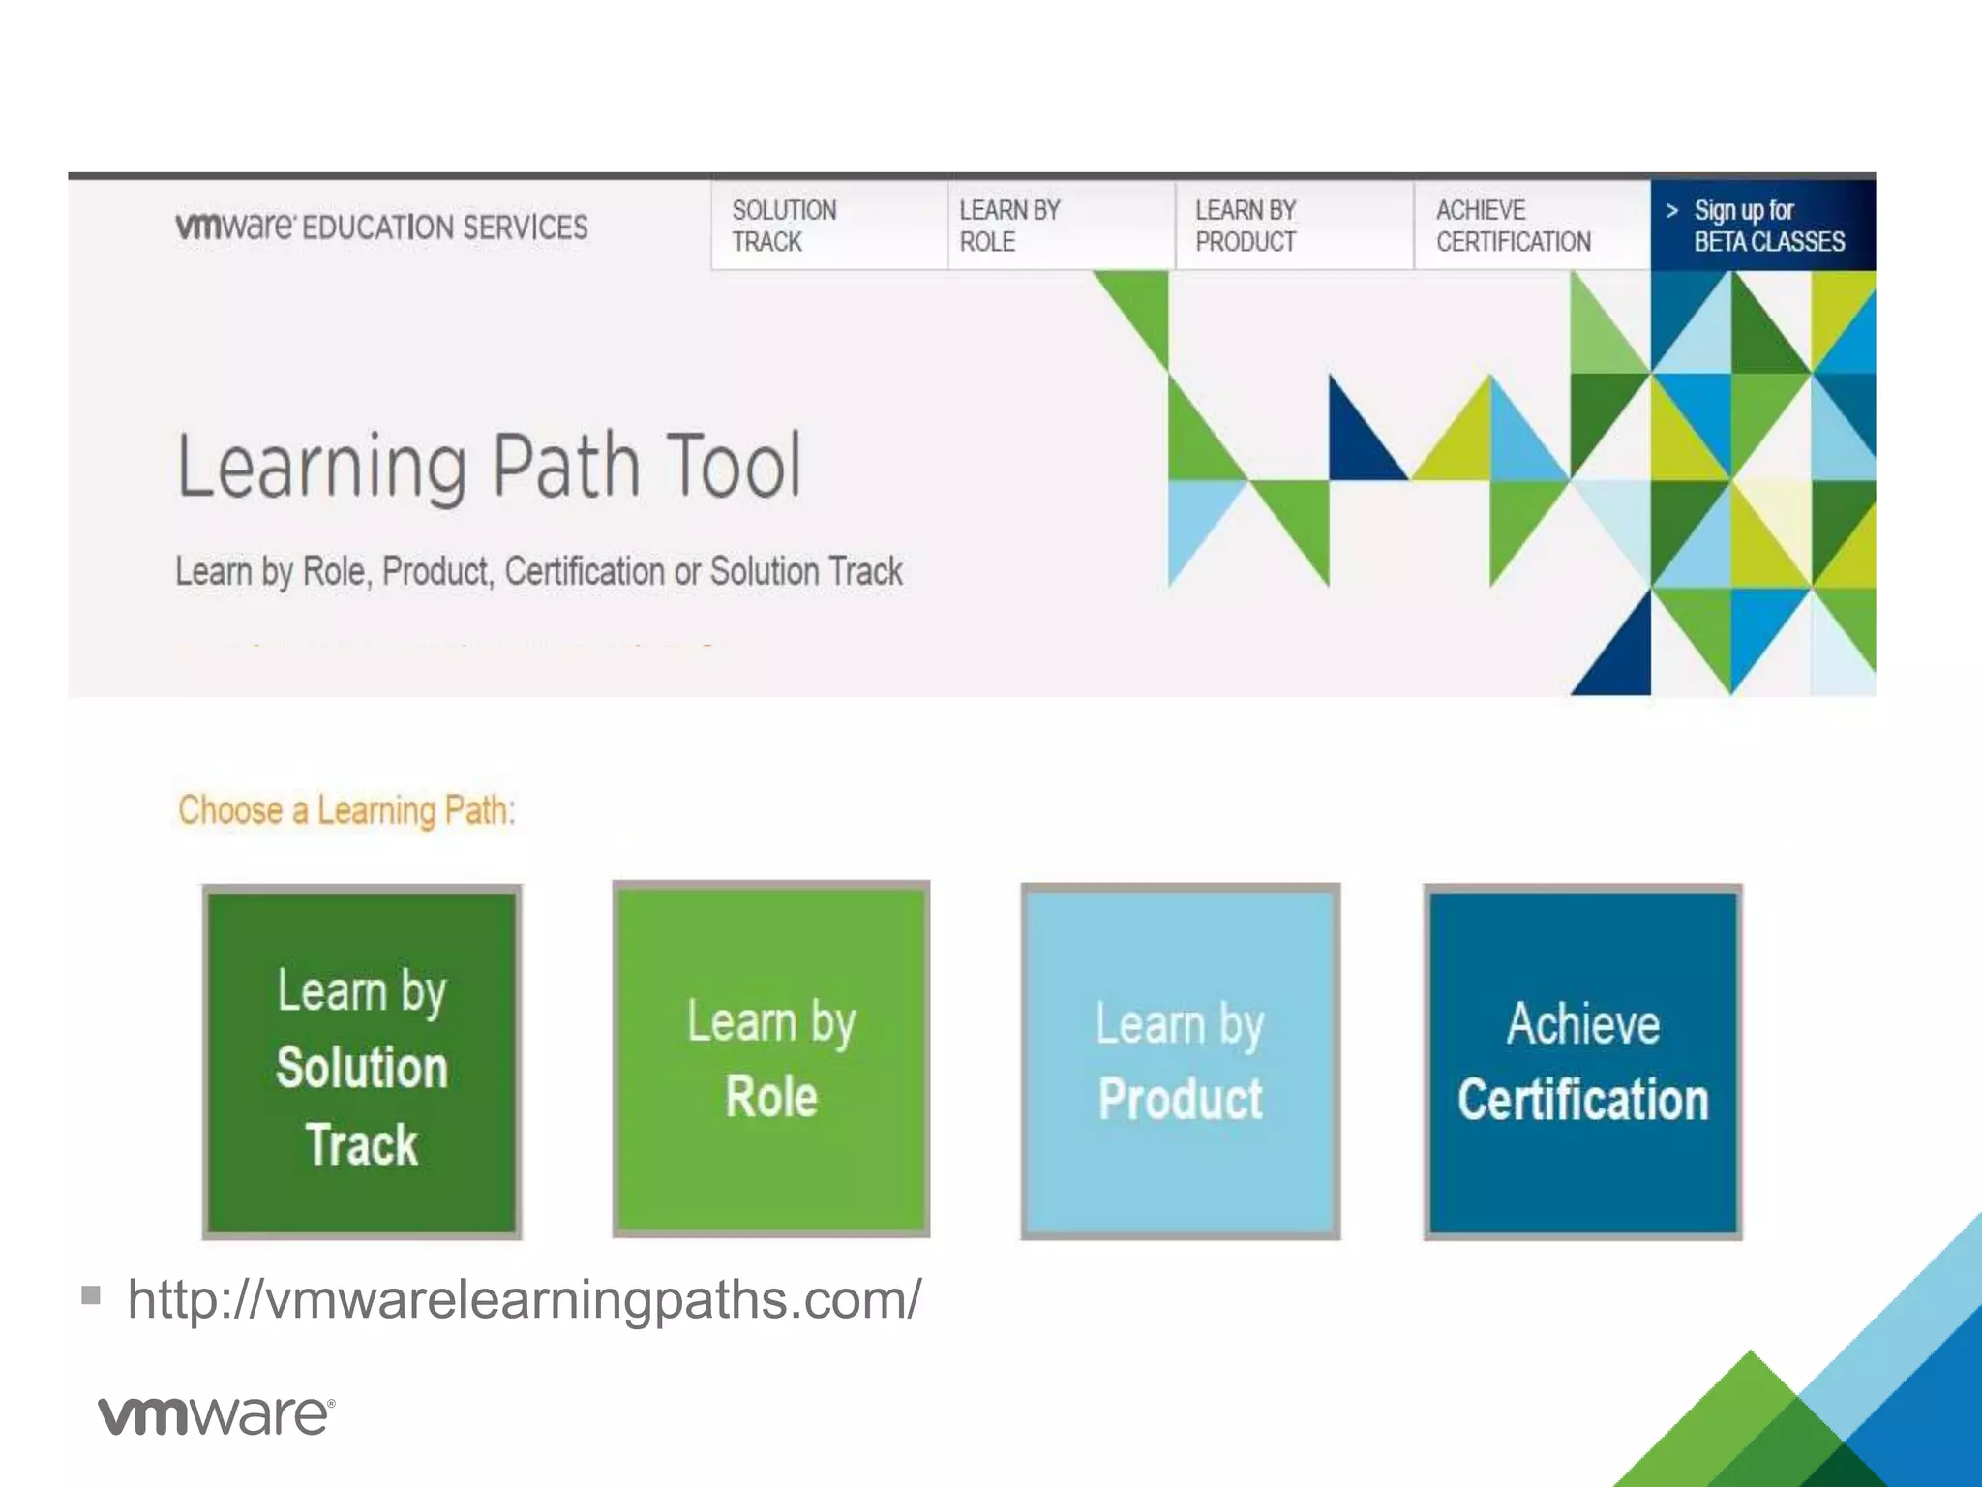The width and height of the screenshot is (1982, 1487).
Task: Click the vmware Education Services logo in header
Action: coord(381,227)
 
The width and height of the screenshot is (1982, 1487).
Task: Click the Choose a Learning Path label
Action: coord(346,809)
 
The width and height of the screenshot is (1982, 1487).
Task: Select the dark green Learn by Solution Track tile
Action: coord(362,1061)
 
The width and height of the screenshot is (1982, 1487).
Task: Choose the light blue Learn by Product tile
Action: coord(1180,1061)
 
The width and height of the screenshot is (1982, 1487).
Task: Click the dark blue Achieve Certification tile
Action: coord(1582,1061)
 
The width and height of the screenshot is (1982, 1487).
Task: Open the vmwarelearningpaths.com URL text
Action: coord(525,1299)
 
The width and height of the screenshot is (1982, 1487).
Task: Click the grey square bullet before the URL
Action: coord(91,1294)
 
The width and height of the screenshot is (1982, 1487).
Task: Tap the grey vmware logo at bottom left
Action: coord(216,1415)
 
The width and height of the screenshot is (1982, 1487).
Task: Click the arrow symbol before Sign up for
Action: coord(1671,210)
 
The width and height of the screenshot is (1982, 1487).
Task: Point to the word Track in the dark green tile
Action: coord(362,1144)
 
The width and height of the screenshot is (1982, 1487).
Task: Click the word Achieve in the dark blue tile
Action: coord(1582,1024)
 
